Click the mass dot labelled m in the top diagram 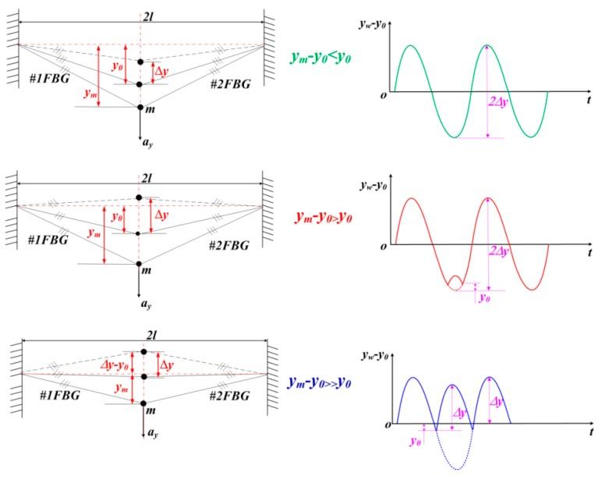point(140,107)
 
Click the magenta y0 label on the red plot point(486,299)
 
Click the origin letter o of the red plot point(384,247)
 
